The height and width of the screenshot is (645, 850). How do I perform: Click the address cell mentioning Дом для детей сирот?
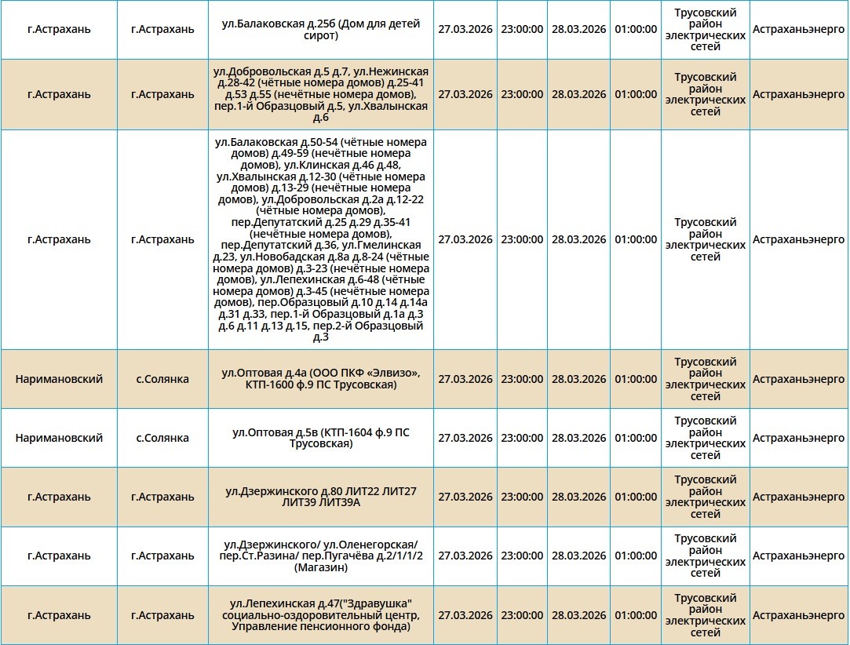[x=320, y=30]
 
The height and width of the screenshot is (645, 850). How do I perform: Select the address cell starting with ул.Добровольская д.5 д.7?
[x=320, y=94]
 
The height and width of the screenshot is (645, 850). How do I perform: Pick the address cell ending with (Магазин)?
[x=320, y=556]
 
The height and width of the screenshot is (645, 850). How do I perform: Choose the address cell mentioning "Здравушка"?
[x=320, y=614]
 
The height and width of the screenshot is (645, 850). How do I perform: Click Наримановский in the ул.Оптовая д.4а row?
[x=59, y=379]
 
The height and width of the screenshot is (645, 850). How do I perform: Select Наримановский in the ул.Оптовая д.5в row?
[x=59, y=438]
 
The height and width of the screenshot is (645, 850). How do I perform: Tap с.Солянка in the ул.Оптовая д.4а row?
[x=162, y=379]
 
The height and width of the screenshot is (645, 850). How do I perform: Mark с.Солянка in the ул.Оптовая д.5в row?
[x=162, y=438]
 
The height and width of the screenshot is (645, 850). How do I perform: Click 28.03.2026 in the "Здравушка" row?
[x=578, y=615]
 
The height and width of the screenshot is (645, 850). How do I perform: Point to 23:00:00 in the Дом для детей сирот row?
[x=522, y=30]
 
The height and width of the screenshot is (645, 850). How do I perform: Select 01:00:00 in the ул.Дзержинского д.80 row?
[x=636, y=497]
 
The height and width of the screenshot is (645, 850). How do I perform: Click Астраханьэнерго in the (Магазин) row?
[x=798, y=556]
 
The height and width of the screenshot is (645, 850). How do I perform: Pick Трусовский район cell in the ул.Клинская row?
[x=705, y=239]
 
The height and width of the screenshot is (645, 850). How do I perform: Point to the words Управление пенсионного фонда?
[x=320, y=626]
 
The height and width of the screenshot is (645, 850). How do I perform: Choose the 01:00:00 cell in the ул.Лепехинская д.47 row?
[x=636, y=615]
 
